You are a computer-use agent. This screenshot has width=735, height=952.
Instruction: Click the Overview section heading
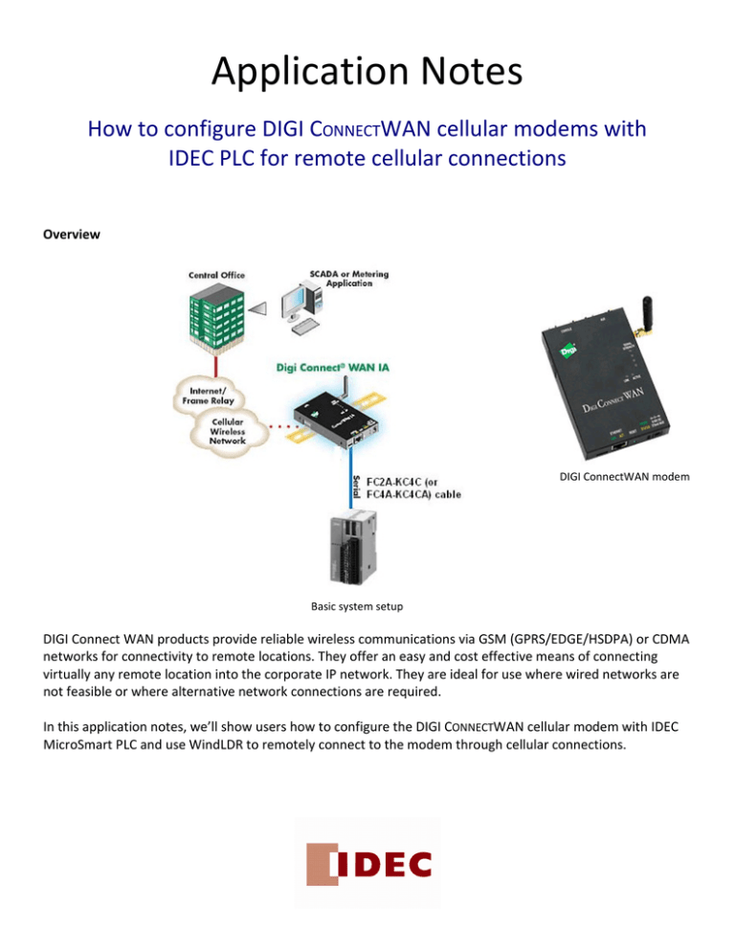71,233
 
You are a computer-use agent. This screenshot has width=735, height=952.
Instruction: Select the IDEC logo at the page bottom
367,865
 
